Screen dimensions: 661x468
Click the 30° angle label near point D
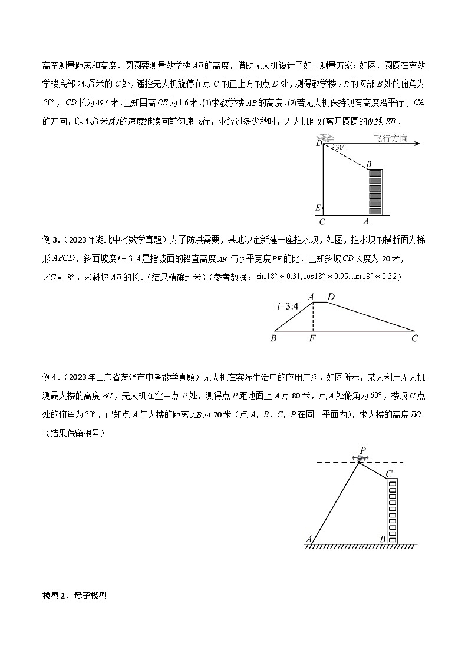(340, 147)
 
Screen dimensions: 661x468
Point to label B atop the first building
(369, 164)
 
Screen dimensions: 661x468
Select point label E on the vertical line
(318, 208)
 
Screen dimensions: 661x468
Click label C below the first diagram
(322, 222)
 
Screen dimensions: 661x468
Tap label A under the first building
(366, 222)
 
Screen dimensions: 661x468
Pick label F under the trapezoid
(313, 339)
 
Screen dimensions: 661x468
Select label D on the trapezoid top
(331, 297)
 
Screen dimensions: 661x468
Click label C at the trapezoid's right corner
(415, 338)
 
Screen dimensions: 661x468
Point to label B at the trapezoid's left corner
(273, 339)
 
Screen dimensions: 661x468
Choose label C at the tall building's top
(389, 473)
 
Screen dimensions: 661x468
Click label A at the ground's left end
(309, 538)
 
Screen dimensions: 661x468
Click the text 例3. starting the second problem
(52, 239)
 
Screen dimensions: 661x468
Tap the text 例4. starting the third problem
(52, 377)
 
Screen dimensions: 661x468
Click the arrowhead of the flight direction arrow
(416, 143)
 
